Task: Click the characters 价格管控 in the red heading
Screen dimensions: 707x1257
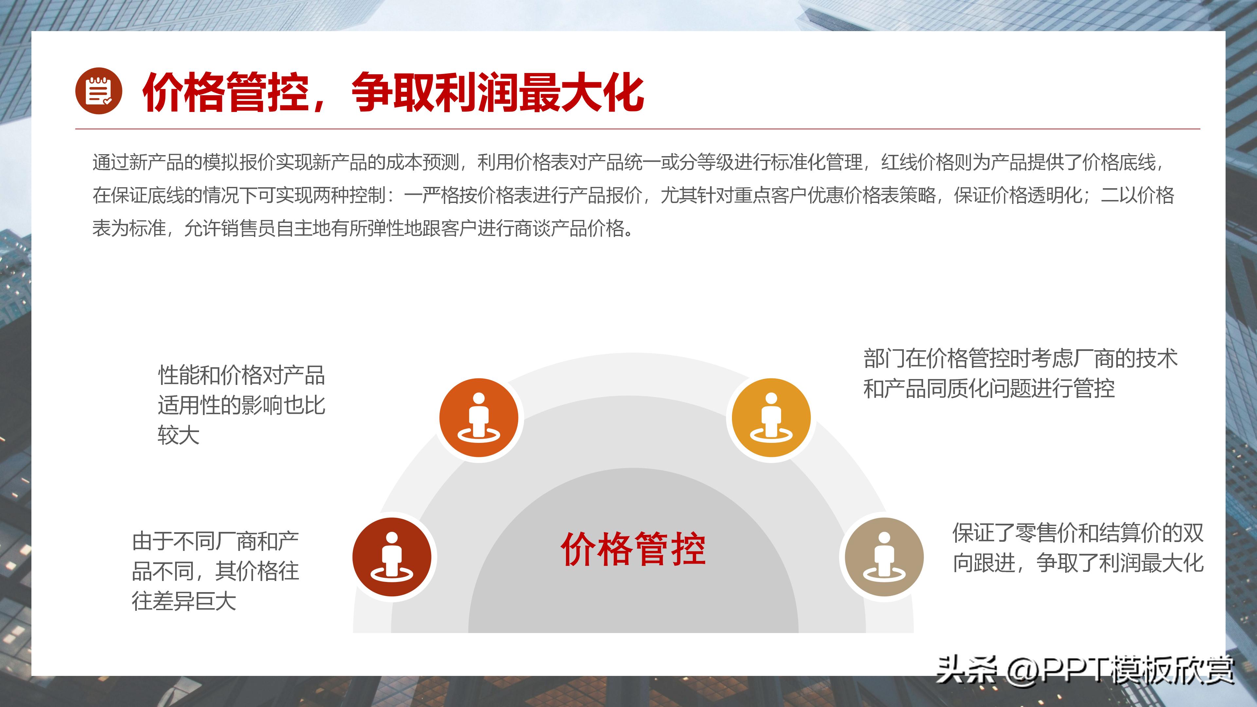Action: (226, 93)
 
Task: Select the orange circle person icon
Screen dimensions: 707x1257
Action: (479, 418)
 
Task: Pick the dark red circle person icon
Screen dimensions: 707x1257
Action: (392, 557)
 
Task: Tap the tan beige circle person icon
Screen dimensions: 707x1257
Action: (884, 557)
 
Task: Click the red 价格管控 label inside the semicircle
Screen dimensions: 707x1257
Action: (633, 549)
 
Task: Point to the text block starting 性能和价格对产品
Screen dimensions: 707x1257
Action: (241, 405)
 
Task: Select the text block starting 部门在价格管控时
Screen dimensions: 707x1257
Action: (1020, 373)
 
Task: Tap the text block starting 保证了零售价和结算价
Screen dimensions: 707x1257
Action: (1077, 548)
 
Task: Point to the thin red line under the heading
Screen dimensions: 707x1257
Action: (637, 129)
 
